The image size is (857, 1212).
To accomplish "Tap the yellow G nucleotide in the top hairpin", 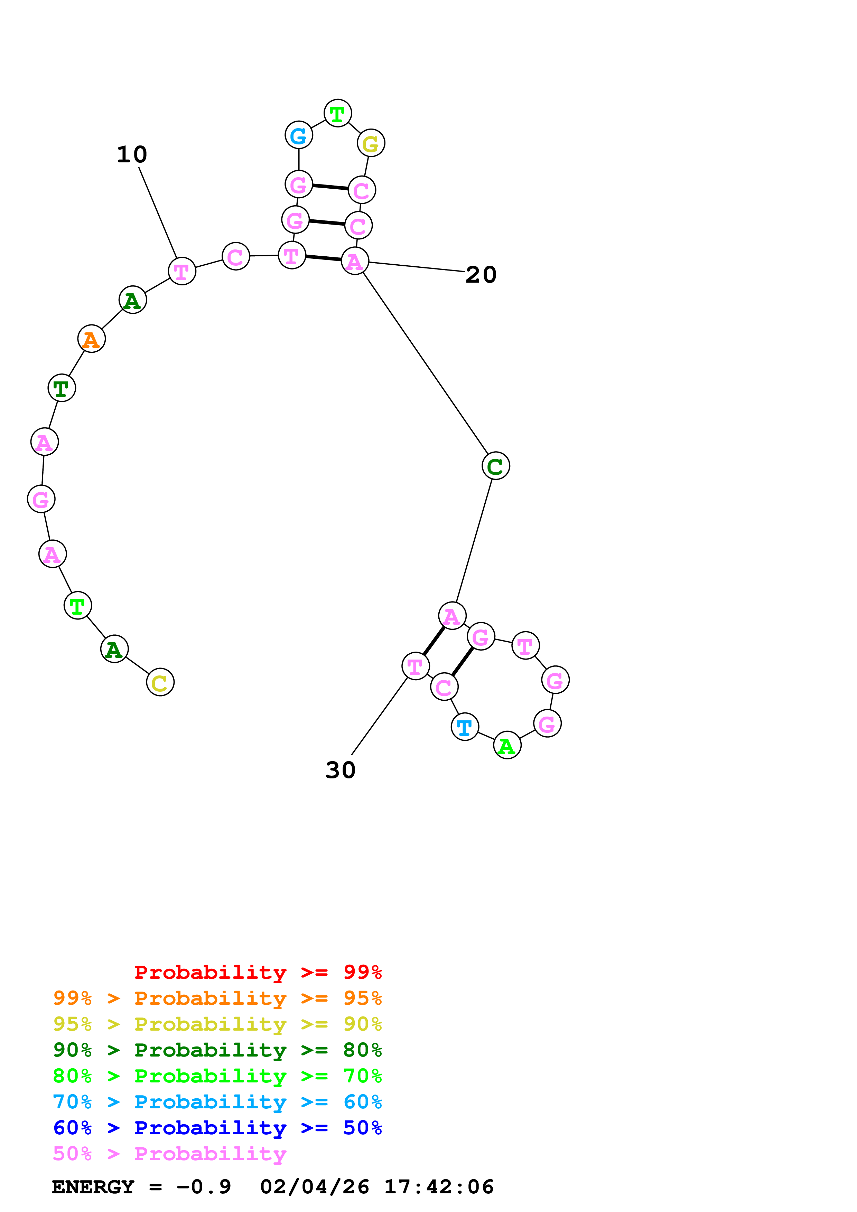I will point(371,143).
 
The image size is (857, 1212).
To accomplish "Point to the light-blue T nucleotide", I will point(465,727).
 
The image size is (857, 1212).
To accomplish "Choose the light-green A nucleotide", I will point(507,745).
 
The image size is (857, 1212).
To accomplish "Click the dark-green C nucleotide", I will point(495,466).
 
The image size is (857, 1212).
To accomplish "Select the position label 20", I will point(481,274).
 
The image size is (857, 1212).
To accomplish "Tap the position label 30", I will point(340,770).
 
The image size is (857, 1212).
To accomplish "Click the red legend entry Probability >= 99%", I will point(258,972).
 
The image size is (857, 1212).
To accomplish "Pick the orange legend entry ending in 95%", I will point(217,998).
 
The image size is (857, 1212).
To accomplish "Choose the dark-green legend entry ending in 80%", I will point(217,1050).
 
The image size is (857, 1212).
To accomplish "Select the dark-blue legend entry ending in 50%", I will point(217,1128).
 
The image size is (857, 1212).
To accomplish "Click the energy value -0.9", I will point(204,1187).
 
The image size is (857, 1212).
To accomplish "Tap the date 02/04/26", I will point(315,1187).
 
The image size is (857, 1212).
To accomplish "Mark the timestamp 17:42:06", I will point(438,1187).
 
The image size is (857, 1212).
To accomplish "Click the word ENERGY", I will point(93,1187).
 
